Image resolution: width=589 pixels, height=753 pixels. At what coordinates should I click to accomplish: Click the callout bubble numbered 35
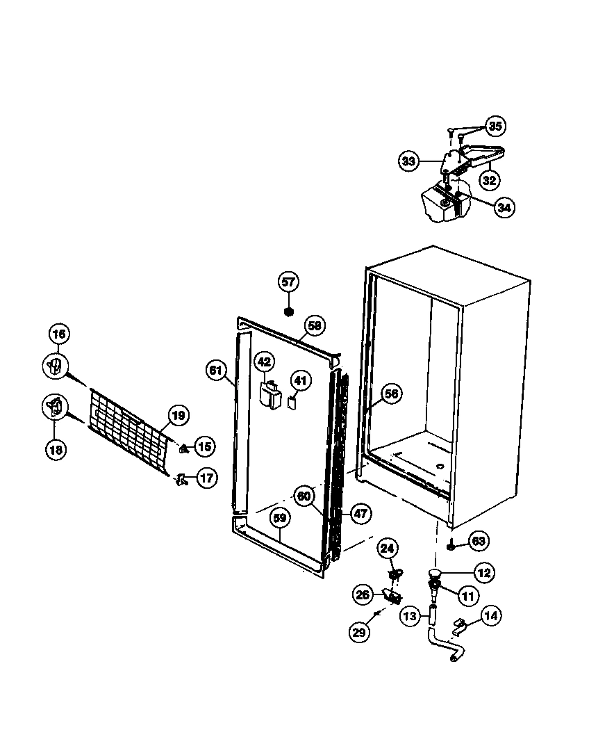[495, 126]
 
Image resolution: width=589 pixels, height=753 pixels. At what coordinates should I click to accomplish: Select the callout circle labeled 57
[288, 282]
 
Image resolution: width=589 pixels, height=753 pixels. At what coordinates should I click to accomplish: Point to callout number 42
[264, 362]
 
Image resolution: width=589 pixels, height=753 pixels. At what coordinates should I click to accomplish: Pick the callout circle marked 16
[59, 334]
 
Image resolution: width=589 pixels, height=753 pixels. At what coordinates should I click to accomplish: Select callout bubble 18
[56, 449]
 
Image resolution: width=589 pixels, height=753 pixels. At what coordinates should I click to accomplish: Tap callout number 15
[204, 446]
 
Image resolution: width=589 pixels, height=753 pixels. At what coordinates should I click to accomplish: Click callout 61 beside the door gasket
[216, 370]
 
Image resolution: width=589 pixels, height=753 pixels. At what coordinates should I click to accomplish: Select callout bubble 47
[360, 514]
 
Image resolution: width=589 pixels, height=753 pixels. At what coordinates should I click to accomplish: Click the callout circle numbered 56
[392, 394]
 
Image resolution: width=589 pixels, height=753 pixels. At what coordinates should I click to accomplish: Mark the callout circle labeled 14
[491, 615]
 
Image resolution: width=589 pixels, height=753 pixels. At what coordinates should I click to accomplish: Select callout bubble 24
[388, 549]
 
